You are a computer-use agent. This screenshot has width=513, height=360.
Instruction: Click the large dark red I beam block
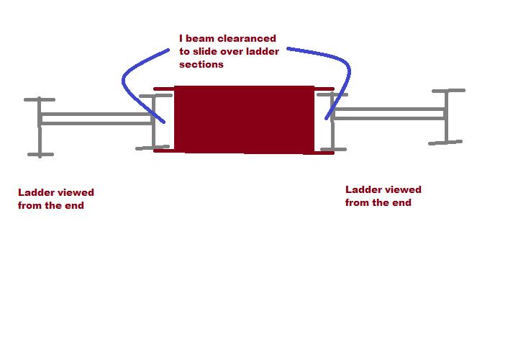[244, 120]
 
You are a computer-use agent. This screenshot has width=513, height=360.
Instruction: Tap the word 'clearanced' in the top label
[247, 38]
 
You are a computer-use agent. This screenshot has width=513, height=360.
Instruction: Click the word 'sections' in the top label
[201, 64]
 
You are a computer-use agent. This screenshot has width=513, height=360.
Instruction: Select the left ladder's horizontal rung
[96, 119]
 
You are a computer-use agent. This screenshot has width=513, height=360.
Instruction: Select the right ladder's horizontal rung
[389, 114]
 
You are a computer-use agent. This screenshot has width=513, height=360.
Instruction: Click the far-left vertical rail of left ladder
[40, 127]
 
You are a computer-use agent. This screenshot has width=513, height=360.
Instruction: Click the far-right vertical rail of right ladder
[447, 117]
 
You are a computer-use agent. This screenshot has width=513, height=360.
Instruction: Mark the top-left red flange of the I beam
[163, 89]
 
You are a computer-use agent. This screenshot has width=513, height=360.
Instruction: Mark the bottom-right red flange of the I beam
[324, 153]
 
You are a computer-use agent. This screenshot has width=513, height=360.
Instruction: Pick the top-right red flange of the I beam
[324, 89]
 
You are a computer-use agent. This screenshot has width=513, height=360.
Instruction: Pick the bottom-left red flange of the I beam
[163, 151]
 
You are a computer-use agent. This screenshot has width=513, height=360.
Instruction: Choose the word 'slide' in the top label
[204, 51]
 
